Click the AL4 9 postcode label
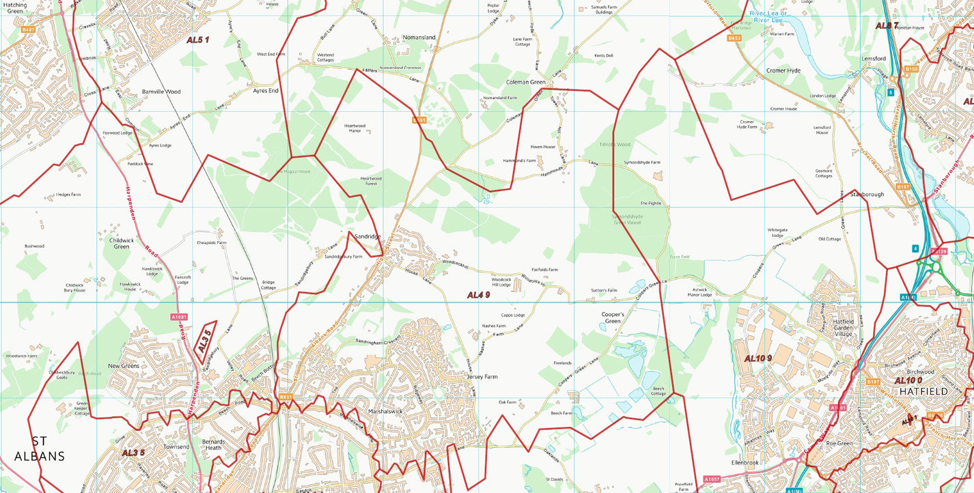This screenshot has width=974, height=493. tap(478, 295)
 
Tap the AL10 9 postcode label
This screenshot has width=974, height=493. tap(757, 358)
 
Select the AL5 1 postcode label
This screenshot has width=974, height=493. tap(197, 40)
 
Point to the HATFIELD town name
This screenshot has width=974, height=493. tap(923, 391)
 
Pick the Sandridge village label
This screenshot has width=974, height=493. tap(367, 236)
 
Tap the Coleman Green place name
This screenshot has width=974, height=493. tap(525, 82)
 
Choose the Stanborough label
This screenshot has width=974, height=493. tap(867, 195)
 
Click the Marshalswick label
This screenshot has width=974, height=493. tap(387, 412)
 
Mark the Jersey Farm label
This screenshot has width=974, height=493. tap(482, 377)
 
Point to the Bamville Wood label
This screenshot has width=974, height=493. tap(161, 91)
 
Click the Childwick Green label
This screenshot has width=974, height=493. tap(121, 243)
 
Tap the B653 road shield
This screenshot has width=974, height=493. tap(734, 38)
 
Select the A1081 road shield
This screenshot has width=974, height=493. tap(179, 317)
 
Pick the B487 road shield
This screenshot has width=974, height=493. tap(28, 29)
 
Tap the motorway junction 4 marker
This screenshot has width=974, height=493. tap(915, 248)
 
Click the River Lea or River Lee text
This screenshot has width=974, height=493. tap(768, 16)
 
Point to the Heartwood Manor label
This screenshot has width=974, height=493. tap(354, 128)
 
